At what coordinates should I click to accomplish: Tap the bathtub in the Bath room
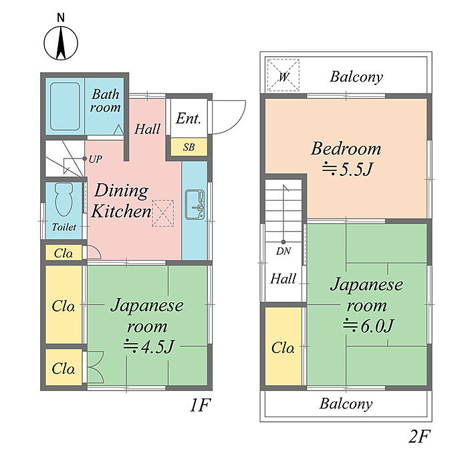coord(64,107)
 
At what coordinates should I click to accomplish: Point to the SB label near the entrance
coord(189,147)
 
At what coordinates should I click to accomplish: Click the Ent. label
coord(189,119)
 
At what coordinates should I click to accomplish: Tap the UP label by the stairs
coord(95,159)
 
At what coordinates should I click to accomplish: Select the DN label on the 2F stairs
coord(283,251)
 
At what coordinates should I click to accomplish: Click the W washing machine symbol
coord(283,76)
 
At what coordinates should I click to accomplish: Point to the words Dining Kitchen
coord(121,201)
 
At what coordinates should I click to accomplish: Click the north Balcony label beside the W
coord(357,77)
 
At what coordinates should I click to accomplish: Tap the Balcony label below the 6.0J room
coord(346,404)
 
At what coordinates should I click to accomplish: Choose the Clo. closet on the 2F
coord(283,348)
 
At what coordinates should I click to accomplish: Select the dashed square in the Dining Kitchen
coord(162,213)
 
